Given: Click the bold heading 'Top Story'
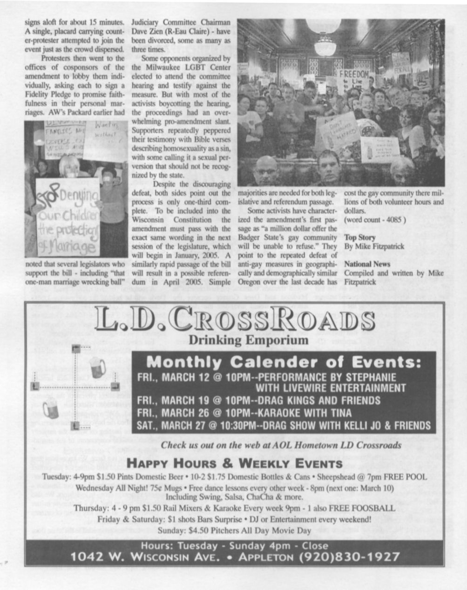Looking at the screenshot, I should (x=359, y=237).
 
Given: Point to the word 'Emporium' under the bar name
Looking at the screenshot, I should (x=278, y=340).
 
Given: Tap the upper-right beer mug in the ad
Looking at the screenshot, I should (x=96, y=368).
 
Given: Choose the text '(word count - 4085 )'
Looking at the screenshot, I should (x=375, y=220).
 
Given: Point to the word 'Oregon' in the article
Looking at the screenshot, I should (x=250, y=282).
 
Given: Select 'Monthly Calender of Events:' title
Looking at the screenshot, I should (x=284, y=362).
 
